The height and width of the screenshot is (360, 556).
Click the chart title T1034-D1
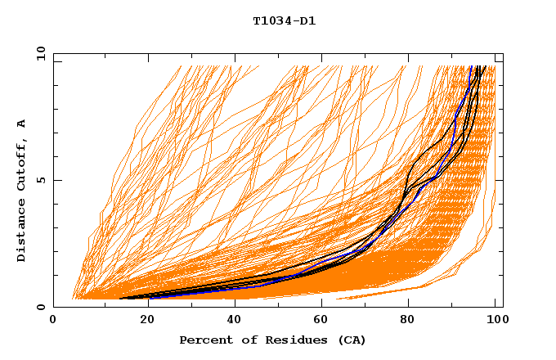284,20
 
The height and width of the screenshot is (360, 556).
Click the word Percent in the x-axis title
204,340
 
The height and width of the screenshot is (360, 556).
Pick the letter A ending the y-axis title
22,124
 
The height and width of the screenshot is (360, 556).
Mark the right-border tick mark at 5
500,180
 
